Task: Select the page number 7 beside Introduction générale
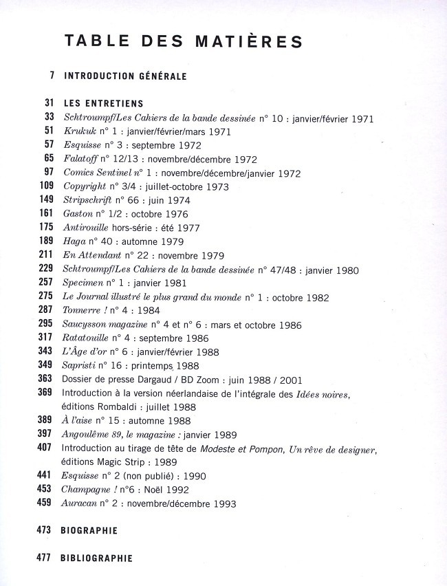(x=52, y=76)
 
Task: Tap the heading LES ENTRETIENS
(x=103, y=103)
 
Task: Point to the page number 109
(x=46, y=186)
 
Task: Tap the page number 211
(x=46, y=255)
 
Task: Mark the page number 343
(x=45, y=351)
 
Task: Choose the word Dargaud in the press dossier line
(x=162, y=379)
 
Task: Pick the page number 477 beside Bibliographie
(x=45, y=558)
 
